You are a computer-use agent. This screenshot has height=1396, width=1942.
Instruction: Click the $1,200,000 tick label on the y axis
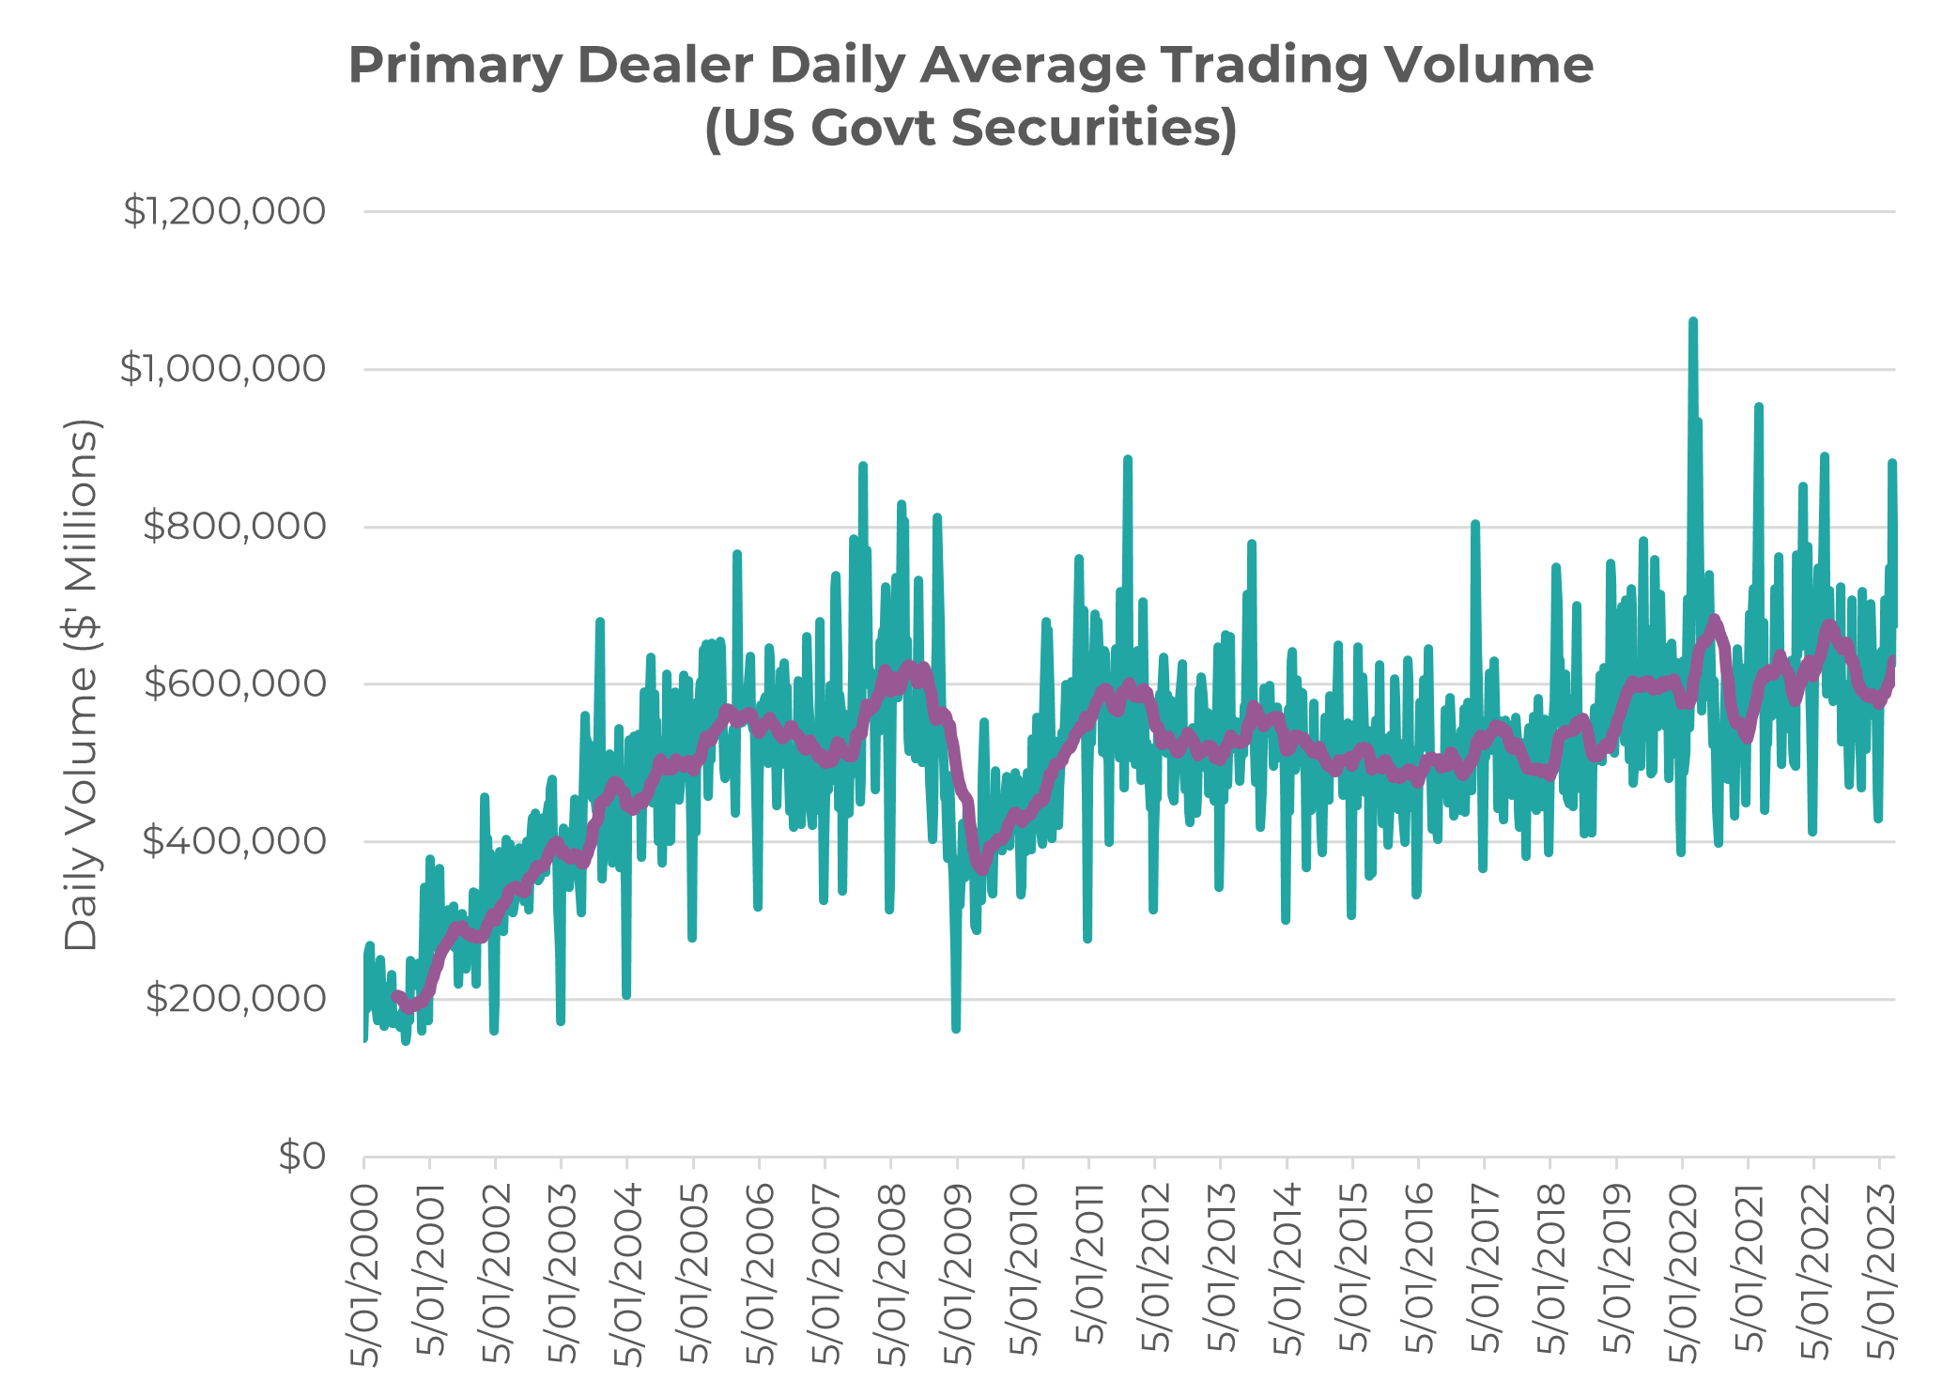click(x=224, y=212)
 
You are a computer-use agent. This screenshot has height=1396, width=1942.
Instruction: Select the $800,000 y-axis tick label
click(x=234, y=528)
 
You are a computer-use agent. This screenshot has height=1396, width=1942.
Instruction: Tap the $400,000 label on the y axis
click(x=234, y=842)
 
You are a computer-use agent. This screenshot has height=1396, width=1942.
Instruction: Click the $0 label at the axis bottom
click(x=302, y=1157)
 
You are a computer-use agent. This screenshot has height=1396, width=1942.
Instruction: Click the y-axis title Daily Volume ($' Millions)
click(x=82, y=685)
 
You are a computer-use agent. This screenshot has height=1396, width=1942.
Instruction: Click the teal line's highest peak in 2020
click(x=1692, y=322)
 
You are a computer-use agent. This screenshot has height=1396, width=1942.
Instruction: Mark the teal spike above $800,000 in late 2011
click(x=1127, y=459)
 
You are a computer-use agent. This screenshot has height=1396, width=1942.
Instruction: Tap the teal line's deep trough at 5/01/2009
click(x=956, y=1029)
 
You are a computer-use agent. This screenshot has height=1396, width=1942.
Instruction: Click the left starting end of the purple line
click(x=394, y=995)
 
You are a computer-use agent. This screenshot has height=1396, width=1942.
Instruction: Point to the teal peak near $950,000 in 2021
click(x=1758, y=407)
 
